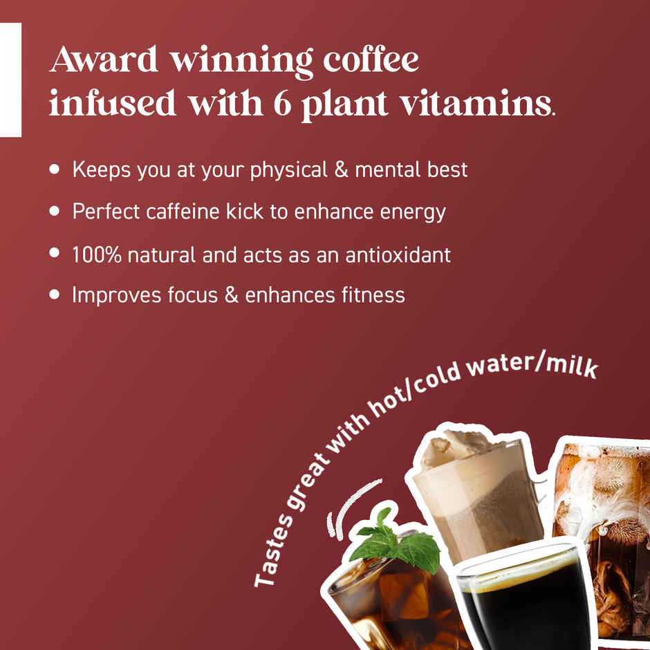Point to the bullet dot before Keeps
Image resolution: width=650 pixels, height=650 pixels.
click(55, 169)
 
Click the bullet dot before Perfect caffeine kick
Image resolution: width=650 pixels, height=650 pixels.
click(55, 211)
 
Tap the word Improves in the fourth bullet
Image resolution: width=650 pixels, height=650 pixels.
click(116, 295)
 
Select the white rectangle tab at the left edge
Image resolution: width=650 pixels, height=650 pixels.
click(10, 80)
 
